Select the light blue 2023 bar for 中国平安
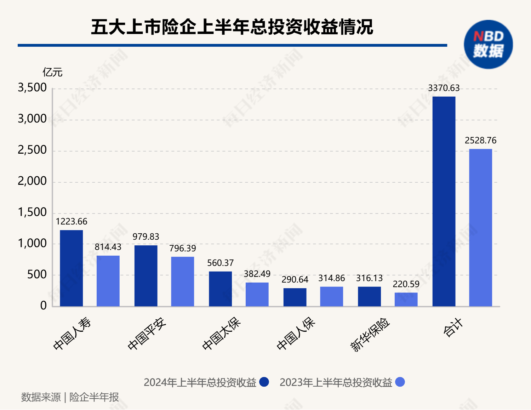(x=182, y=281)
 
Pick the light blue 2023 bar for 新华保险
(x=406, y=300)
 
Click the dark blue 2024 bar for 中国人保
(x=295, y=297)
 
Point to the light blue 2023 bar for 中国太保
(x=257, y=294)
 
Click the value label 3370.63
(x=444, y=88)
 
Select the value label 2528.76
(x=480, y=141)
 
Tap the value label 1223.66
(x=71, y=222)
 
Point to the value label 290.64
(x=295, y=280)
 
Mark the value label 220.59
(x=406, y=284)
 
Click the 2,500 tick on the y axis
(x=32, y=150)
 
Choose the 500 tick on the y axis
(x=37, y=275)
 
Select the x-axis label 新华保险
(x=370, y=335)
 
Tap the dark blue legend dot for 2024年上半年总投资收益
(x=264, y=382)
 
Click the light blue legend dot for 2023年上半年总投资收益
(x=400, y=382)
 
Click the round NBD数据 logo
(x=488, y=44)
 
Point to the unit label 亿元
(x=52, y=73)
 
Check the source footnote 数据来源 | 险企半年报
(x=70, y=397)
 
